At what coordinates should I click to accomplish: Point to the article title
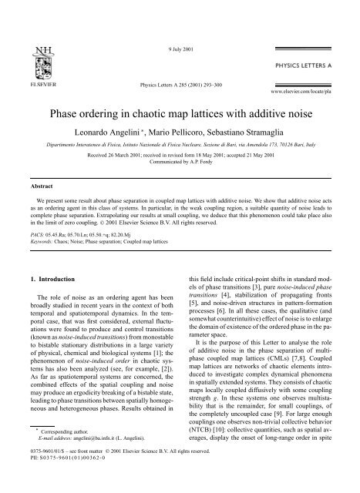point(179,115)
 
